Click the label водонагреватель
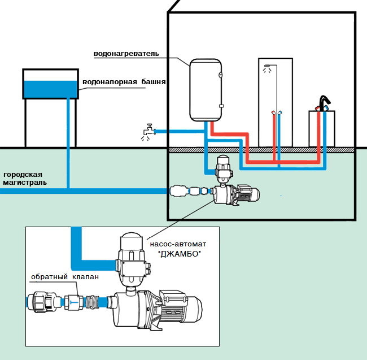pos(126,54)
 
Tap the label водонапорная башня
pos(124,82)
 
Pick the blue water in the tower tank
pos(50,89)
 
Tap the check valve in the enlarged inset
pos(73,303)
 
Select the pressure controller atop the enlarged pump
pos(134,260)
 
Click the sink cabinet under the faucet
pos(322,130)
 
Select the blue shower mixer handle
pos(281,113)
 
